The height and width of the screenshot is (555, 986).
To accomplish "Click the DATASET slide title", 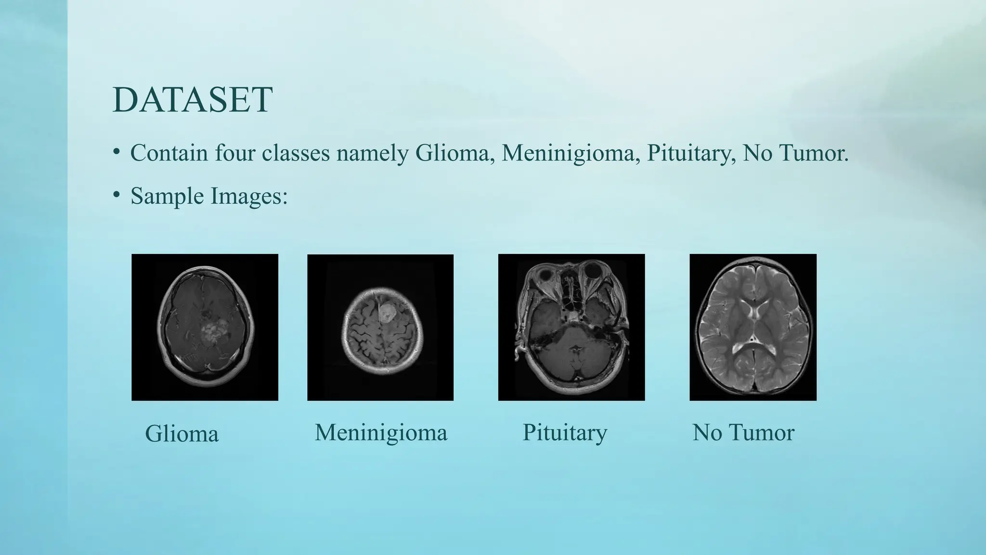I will click(193, 100).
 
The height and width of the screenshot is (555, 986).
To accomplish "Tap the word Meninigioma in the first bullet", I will click(571, 153).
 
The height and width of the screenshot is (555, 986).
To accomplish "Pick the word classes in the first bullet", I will click(296, 153).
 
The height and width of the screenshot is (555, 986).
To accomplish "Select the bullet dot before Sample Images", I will click(116, 194).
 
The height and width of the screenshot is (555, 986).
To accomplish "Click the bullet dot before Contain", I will click(116, 151).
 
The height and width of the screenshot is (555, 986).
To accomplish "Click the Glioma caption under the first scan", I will click(182, 434).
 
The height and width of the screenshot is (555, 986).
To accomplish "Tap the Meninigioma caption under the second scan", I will click(381, 432).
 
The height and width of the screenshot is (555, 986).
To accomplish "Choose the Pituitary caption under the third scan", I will click(565, 432).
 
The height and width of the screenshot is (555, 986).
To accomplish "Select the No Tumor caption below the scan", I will click(743, 432).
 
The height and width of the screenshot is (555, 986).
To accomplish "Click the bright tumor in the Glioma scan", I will click(211, 333).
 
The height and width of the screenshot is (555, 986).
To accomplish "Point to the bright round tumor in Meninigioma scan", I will click(386, 314).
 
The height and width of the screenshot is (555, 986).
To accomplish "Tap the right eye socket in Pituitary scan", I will click(590, 273).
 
